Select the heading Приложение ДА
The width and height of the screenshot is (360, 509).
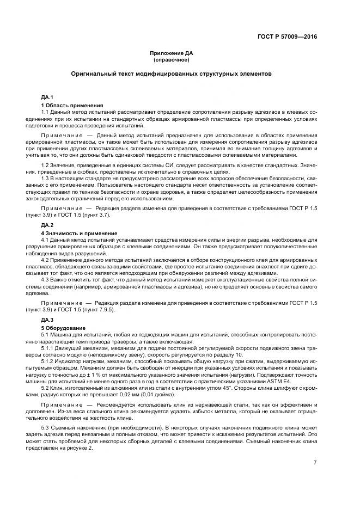(x=172, y=53)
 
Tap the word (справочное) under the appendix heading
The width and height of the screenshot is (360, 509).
(x=172, y=60)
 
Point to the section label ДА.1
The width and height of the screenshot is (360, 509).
(x=47, y=97)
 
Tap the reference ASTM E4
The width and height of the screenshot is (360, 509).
(x=279, y=382)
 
